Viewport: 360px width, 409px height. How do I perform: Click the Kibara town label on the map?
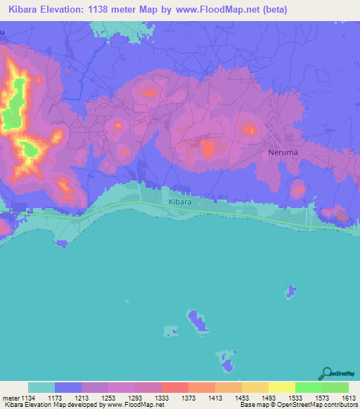click(x=180, y=202)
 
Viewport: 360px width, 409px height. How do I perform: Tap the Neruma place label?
click(x=285, y=152)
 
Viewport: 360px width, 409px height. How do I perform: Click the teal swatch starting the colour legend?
click(x=41, y=387)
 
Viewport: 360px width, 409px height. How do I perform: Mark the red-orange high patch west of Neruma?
click(x=209, y=148)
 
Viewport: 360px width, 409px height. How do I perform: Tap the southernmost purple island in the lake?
click(x=227, y=363)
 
